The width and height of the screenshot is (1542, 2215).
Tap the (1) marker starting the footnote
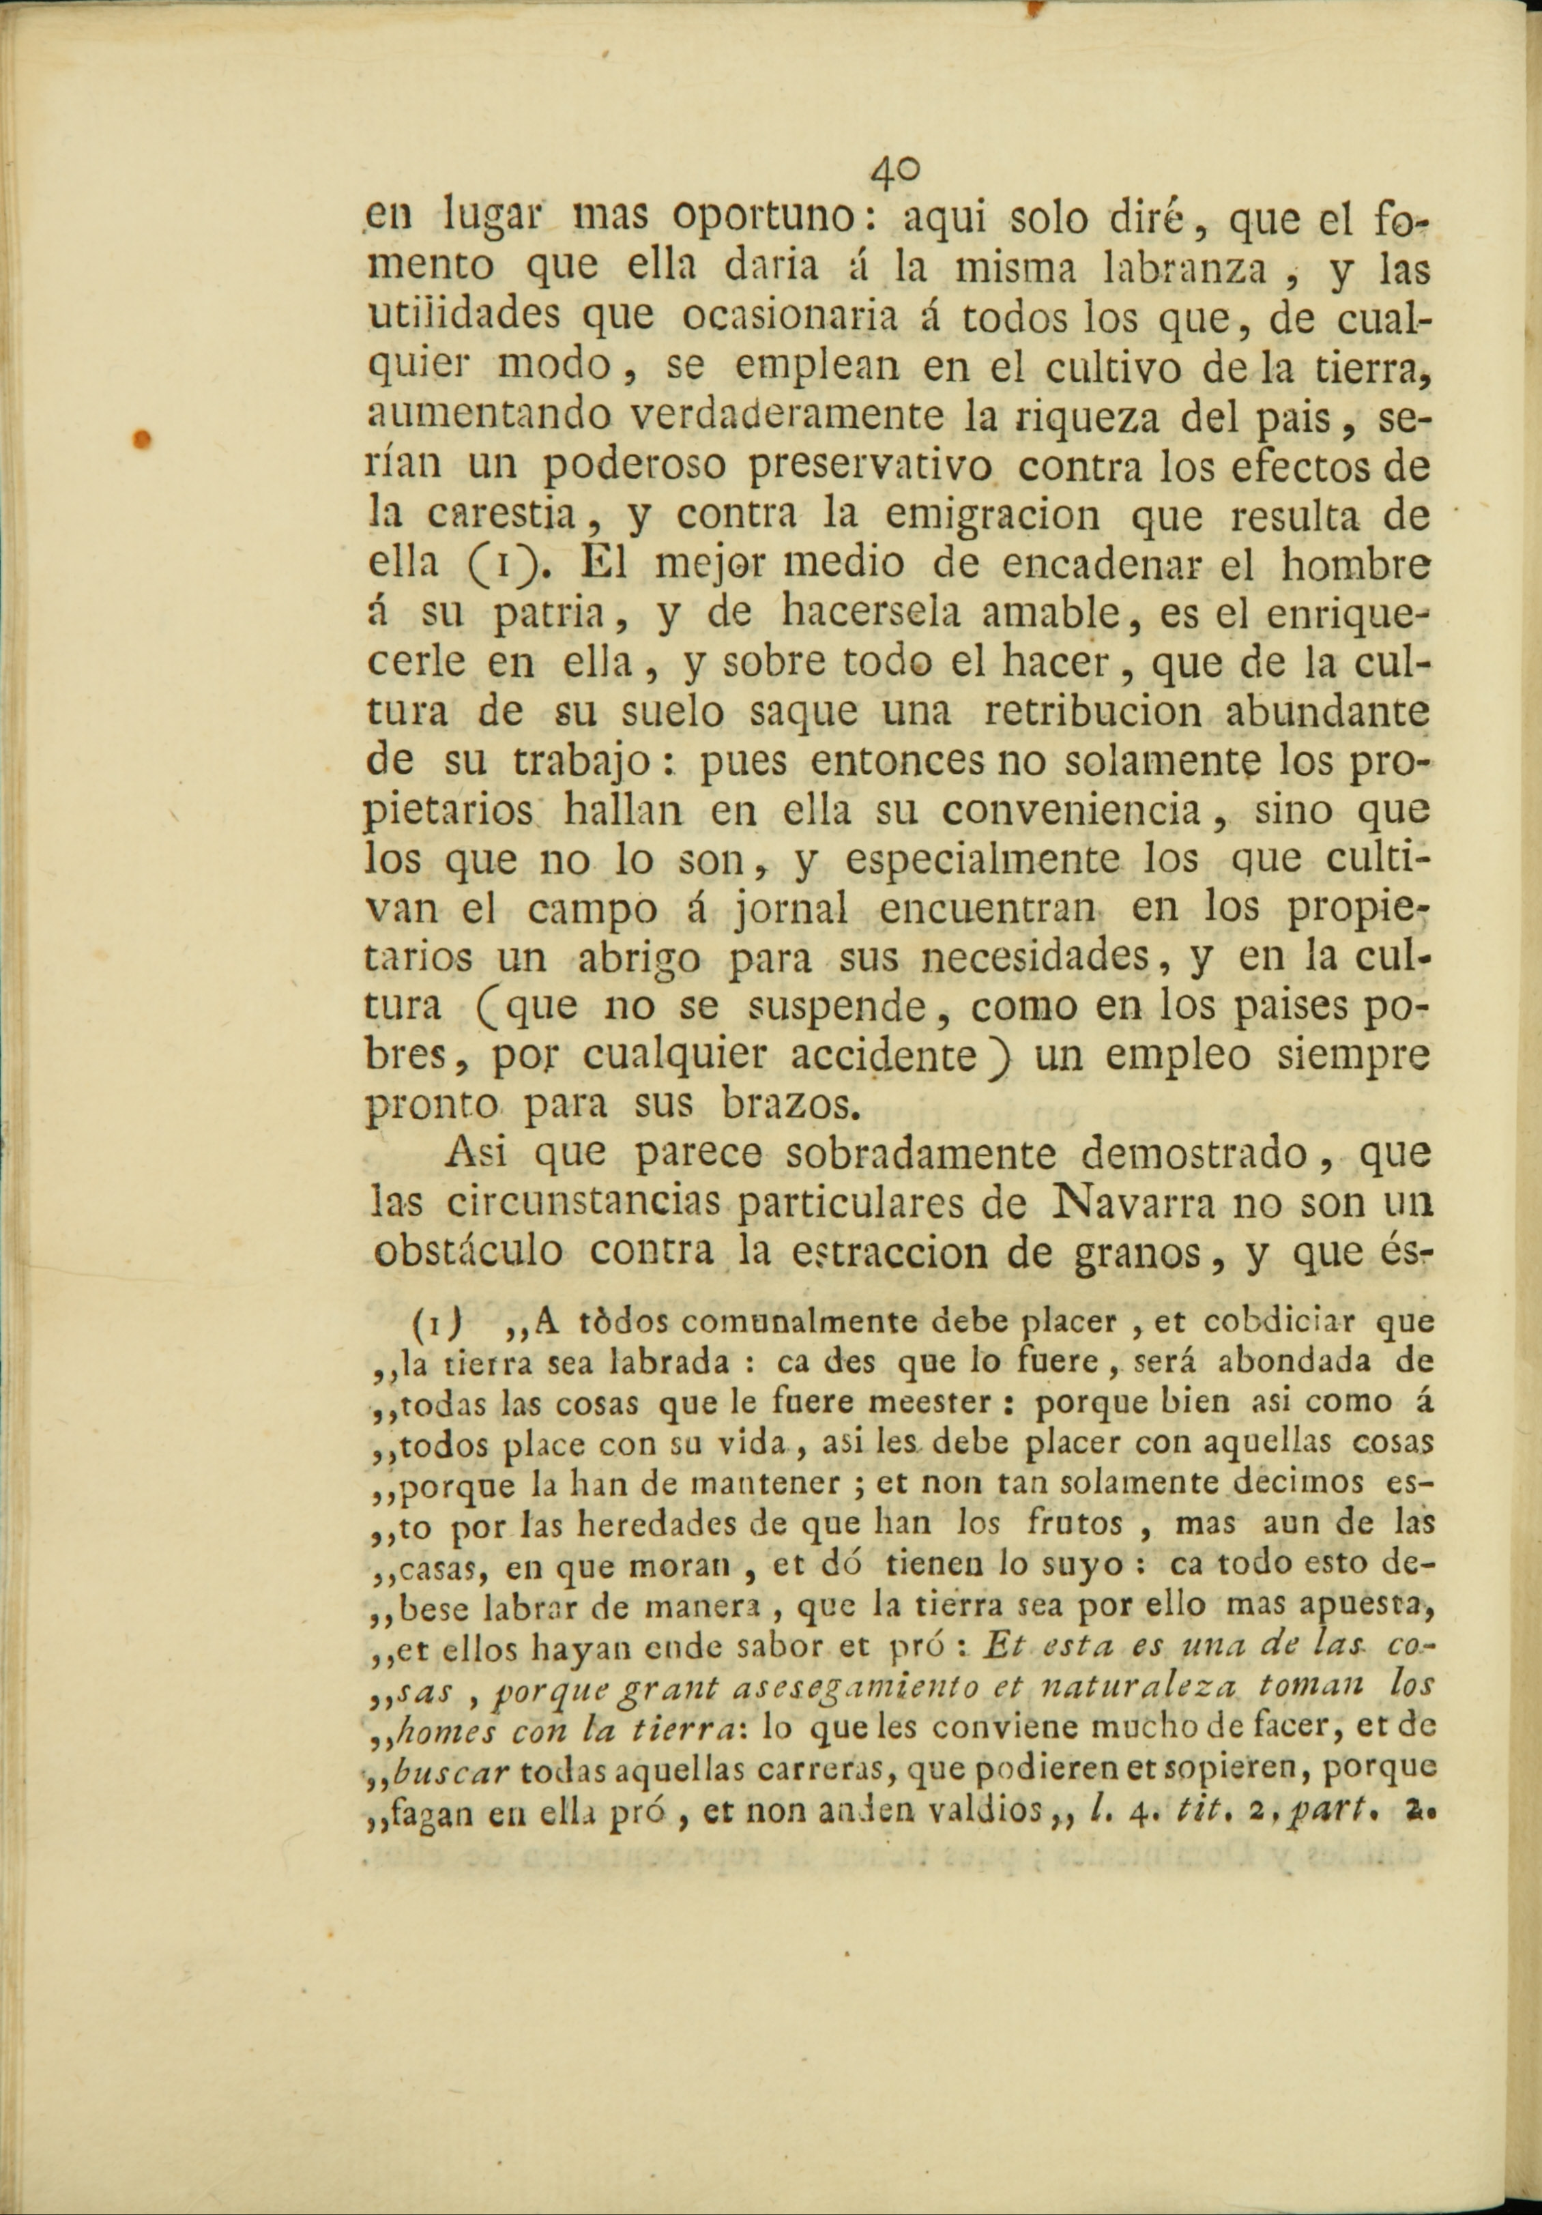[430, 1319]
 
